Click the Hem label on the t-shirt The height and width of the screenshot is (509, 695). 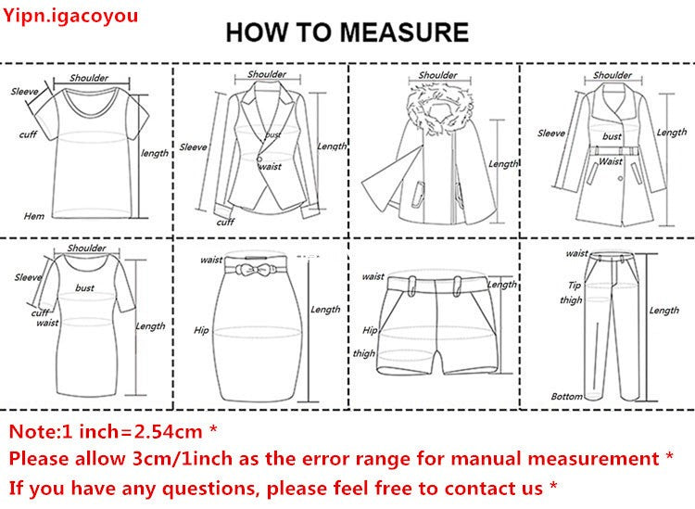34,216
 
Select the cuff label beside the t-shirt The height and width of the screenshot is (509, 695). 28,135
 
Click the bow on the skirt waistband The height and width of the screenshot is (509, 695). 255,270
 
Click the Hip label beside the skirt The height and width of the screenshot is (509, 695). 201,330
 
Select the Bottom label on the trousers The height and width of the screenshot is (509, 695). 566,396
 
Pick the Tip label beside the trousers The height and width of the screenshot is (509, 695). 574,285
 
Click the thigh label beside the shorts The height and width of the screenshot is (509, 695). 364,353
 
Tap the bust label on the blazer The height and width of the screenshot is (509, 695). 273,136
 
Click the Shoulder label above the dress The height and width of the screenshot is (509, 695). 86,248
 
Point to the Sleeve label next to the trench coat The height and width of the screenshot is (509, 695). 551,134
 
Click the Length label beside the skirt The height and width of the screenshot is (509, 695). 325,310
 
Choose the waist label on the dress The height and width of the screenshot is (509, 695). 47,323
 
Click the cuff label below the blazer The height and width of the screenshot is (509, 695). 225,222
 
